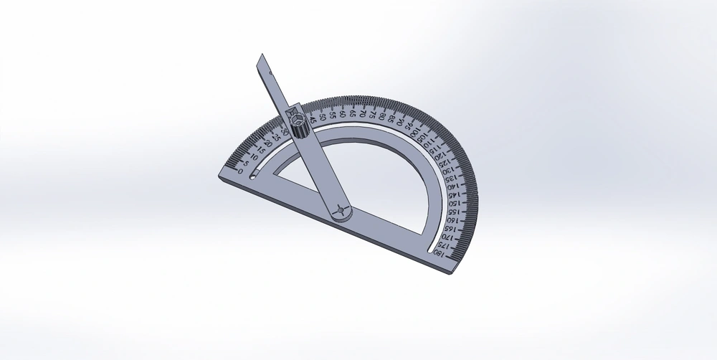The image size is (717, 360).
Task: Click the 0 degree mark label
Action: click(x=239, y=171)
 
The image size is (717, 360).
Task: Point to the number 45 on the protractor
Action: click(x=313, y=120)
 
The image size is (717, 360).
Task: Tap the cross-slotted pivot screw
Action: click(x=341, y=210)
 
